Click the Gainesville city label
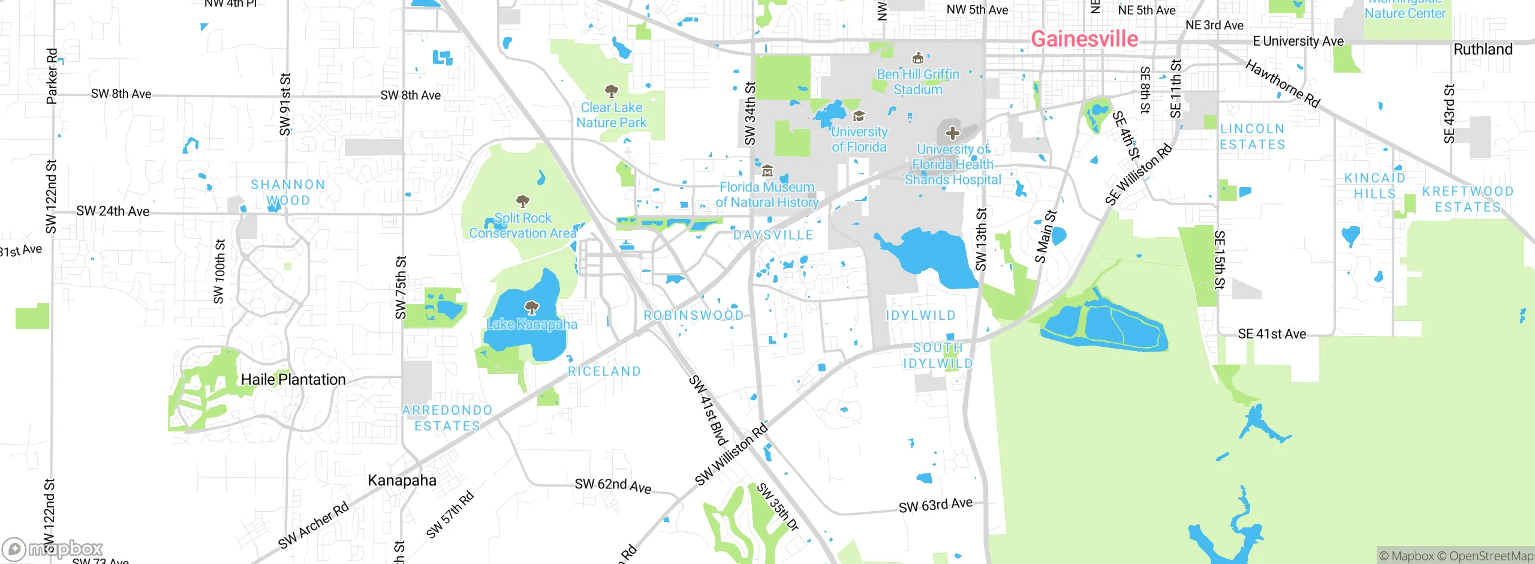[1084, 39]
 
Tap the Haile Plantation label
[293, 379]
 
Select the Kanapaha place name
[402, 480]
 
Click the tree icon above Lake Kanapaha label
[531, 308]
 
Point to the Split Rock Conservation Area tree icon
[523, 201]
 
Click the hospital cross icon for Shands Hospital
[952, 133]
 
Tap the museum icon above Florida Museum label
[767, 171]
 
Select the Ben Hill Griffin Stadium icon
[917, 58]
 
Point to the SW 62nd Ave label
[613, 485]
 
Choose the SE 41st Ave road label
[1272, 334]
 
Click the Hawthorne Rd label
[1283, 83]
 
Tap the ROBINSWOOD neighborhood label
[693, 315]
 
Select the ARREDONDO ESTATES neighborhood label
[447, 418]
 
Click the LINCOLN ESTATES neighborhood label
[1253, 137]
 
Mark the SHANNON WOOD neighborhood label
[288, 192]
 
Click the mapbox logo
[53, 548]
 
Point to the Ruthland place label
[1483, 49]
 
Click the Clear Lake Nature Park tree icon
[611, 91]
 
